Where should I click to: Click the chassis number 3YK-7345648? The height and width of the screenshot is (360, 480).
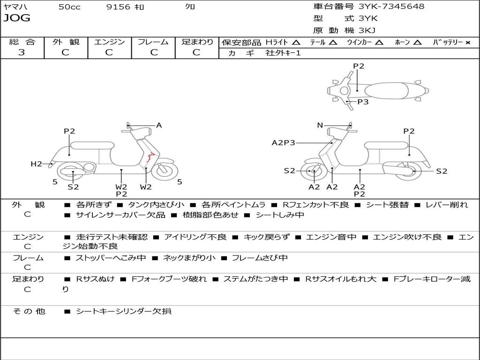pos(391,7)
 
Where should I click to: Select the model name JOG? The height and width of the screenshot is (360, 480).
pos(17,18)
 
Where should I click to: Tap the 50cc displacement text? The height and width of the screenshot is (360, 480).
pos(69,7)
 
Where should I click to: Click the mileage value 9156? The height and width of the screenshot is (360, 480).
pos(118,7)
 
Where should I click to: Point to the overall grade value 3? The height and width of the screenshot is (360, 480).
pos(22,52)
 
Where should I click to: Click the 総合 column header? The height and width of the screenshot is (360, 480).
pos(22,42)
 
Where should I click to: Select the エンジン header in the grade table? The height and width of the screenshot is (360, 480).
pos(109,42)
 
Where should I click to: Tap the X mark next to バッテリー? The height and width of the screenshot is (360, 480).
pos(467,42)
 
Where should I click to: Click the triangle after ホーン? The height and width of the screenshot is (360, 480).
pos(418,42)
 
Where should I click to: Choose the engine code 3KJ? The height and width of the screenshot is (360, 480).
pos(367,30)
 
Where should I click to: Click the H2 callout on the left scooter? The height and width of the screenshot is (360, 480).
pos(36,164)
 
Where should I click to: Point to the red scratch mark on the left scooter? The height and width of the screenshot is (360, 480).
pos(150,157)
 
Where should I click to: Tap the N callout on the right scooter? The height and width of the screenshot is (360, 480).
pos(320,125)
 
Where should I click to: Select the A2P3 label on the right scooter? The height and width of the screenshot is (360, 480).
pos(284,143)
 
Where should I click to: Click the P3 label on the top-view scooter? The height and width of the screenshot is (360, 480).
pos(363,102)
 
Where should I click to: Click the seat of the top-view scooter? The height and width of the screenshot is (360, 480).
pos(384,90)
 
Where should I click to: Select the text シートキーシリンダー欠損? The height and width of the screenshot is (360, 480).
pos(124,311)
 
